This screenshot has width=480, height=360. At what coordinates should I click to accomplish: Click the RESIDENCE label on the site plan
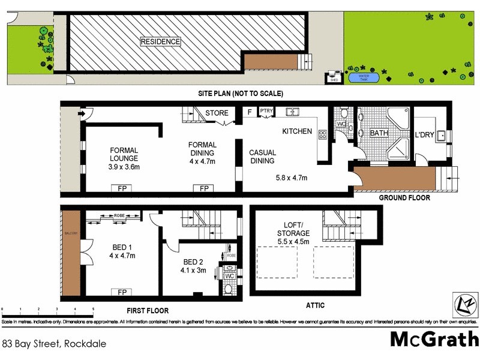click(x=160, y=41)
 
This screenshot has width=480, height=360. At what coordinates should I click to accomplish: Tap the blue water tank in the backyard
click(x=364, y=77)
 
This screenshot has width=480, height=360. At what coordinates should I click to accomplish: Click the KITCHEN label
click(x=297, y=131)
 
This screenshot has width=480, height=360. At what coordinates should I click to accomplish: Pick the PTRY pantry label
click(x=266, y=111)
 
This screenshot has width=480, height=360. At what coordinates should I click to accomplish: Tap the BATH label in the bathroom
click(x=379, y=133)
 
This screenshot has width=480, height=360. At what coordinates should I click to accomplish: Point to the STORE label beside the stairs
click(x=217, y=113)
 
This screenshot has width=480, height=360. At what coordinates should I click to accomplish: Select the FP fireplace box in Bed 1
click(x=122, y=292)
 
